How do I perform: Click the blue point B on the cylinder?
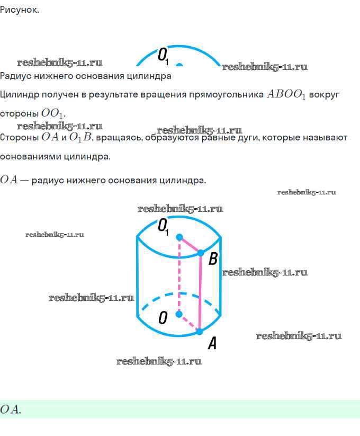[x=201, y=253]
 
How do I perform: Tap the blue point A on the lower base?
[x=200, y=332]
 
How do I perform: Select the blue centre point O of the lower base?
[x=179, y=314]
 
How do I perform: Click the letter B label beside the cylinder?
[x=213, y=259]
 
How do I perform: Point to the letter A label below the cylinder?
[x=212, y=344]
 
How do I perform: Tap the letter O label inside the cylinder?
[x=163, y=317]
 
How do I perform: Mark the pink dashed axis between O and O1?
[x=179, y=275]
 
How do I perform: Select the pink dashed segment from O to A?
[x=189, y=323]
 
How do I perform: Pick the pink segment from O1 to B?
[x=190, y=245]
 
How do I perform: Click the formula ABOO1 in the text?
[x=286, y=95]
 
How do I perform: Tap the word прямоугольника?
[x=226, y=95]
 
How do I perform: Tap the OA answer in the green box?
[x=10, y=409]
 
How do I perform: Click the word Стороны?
[x=19, y=138]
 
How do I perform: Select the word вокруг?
[x=324, y=95]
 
